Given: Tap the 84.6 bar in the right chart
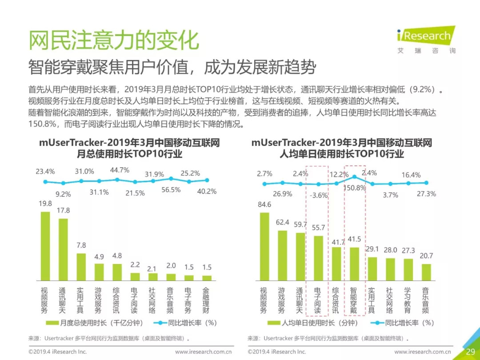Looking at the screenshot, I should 264,246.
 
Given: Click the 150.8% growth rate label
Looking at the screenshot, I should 355,188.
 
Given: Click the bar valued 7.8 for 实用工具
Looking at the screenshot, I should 81,267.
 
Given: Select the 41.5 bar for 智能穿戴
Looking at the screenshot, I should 354,264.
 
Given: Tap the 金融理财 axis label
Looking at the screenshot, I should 207,300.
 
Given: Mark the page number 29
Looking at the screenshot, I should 470,352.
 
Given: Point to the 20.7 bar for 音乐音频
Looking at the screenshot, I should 426,272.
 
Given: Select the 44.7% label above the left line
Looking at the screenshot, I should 120,170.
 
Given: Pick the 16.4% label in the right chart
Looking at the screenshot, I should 411,175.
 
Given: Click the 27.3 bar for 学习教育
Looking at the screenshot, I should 408,269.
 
